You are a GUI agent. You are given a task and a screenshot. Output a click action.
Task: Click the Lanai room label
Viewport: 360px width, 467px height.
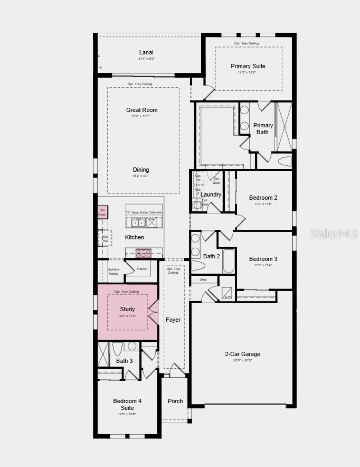(146, 52)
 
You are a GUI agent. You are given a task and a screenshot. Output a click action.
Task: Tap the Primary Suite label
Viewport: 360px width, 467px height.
(248, 66)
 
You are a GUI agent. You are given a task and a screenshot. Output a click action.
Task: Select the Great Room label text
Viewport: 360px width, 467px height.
(141, 110)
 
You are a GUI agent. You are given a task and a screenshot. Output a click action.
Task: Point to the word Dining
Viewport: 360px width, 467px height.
(141, 170)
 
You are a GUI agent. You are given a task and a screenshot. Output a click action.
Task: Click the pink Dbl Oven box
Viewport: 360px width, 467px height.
(102, 212)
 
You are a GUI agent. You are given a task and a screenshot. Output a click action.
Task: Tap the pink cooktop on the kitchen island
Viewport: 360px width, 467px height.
(143, 253)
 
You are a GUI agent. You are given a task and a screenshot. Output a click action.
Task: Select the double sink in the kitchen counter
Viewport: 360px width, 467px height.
(138, 223)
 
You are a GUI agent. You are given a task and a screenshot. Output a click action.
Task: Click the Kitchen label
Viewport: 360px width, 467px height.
(134, 237)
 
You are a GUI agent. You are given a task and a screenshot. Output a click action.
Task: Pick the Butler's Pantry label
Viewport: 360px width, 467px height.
(114, 272)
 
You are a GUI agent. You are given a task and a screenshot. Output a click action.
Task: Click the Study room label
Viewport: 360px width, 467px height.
(127, 309)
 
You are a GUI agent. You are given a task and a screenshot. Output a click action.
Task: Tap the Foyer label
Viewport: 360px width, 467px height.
(173, 320)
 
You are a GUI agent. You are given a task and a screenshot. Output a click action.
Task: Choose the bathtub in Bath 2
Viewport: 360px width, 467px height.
(228, 261)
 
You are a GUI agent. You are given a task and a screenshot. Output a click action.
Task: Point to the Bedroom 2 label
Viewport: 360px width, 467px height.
(263, 198)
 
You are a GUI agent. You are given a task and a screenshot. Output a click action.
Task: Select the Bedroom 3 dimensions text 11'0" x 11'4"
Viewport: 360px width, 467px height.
(263, 266)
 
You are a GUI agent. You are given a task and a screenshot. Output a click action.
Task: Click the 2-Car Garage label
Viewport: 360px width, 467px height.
(242, 354)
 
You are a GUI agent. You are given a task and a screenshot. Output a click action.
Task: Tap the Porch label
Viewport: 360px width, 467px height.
(175, 401)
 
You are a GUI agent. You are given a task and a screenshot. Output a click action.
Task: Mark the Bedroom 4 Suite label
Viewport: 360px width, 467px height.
(127, 404)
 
